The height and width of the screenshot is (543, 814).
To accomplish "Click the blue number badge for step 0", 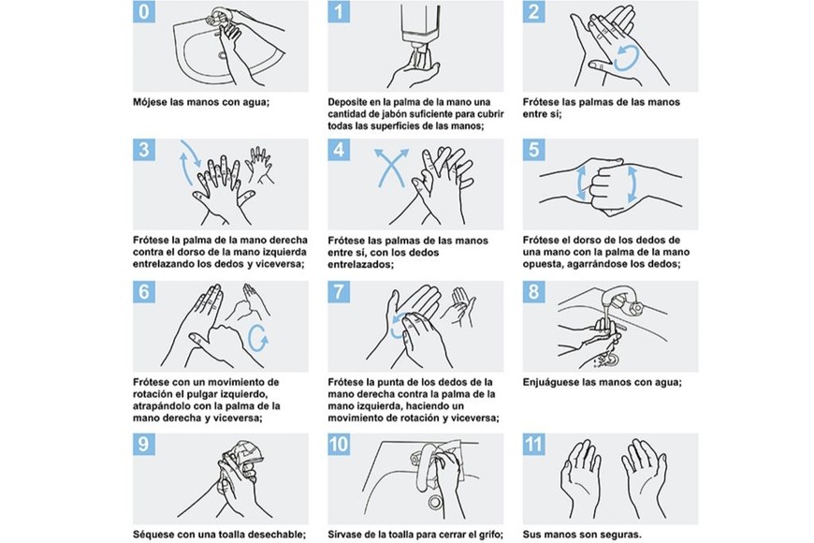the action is click(x=144, y=11).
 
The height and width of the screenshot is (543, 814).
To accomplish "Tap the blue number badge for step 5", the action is click(x=533, y=150).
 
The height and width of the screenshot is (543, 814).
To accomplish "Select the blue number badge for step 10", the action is click(x=339, y=445).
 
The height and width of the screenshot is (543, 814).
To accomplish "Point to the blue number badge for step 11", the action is click(x=533, y=445).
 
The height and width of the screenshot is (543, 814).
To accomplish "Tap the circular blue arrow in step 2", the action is click(x=626, y=58).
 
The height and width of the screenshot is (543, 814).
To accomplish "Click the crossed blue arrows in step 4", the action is click(x=390, y=168).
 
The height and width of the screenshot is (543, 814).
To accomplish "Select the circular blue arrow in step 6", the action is click(x=258, y=338).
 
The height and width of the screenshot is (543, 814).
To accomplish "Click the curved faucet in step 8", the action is click(x=621, y=302).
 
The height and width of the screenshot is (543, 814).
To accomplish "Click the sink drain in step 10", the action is click(x=434, y=502).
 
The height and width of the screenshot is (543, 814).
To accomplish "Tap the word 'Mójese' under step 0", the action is click(x=151, y=102).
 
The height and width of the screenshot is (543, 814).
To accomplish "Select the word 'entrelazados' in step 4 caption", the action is click(x=360, y=265).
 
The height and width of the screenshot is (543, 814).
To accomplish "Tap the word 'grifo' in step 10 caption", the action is click(x=489, y=535).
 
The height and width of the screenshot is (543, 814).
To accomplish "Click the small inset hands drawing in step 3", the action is click(x=259, y=165).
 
